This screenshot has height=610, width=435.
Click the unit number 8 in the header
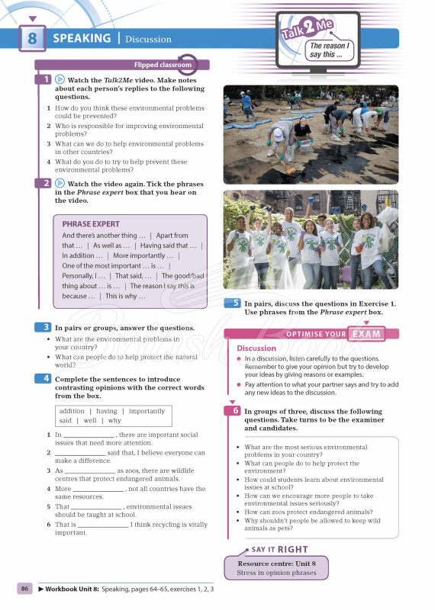[31, 38]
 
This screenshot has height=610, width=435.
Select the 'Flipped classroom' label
[159, 66]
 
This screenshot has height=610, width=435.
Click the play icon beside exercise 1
[60, 79]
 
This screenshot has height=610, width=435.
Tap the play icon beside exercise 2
[60, 184]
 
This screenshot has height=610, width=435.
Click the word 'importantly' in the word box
[147, 411]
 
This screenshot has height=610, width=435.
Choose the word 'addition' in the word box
[74, 411]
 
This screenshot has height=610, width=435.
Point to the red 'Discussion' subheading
[256, 348]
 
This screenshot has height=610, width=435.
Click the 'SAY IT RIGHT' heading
[280, 549]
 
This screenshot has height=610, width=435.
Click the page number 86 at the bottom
[25, 589]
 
